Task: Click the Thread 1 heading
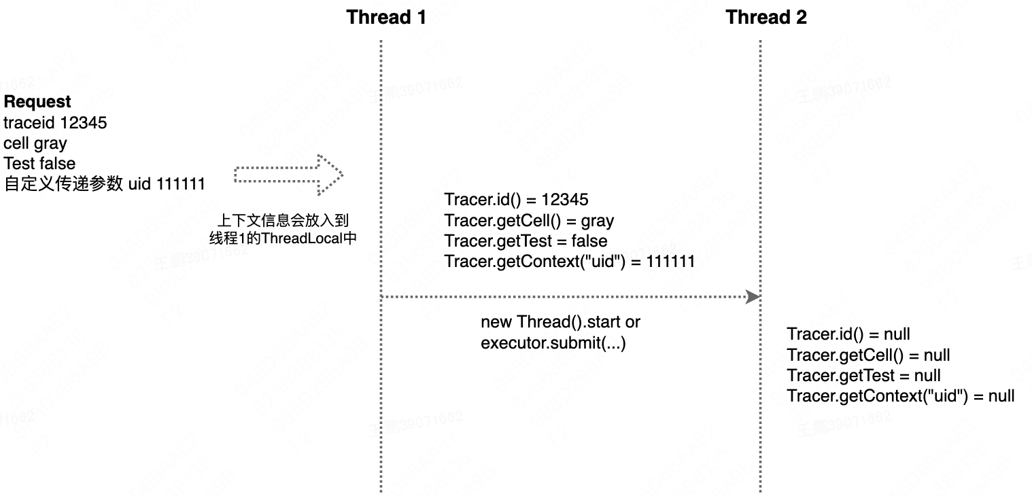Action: tap(386, 17)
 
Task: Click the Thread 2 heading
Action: tap(766, 17)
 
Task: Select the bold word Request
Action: tap(37, 102)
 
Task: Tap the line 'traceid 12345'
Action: tap(55, 123)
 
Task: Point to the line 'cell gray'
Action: tap(35, 143)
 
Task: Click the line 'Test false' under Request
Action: tap(39, 164)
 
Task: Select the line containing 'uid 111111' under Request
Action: tap(104, 184)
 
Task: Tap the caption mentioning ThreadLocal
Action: tap(282, 230)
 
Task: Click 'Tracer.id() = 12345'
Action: tap(516, 200)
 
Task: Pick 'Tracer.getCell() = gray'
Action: tap(529, 221)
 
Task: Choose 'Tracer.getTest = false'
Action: tap(526, 241)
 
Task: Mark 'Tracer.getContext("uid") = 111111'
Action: tap(569, 262)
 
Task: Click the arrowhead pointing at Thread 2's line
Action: tap(752, 297)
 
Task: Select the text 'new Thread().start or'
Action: tap(560, 322)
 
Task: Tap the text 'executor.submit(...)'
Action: tap(553, 343)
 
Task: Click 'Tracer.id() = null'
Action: tap(848, 334)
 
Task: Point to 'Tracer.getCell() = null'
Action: tap(868, 355)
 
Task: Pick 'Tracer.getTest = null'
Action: tap(863, 376)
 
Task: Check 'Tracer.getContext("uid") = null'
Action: tap(900, 396)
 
